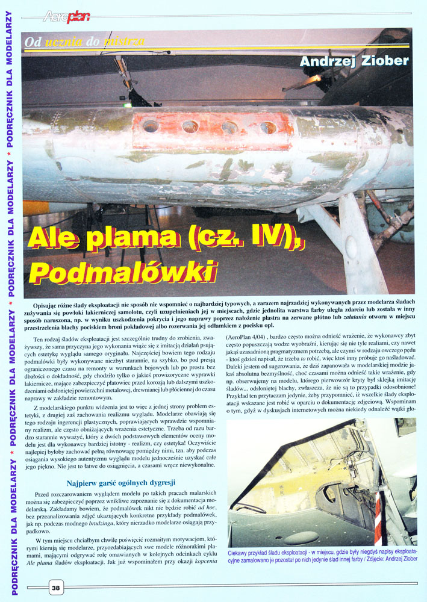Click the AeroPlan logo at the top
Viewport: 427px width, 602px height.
[67, 16]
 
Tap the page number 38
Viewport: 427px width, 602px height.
[55, 588]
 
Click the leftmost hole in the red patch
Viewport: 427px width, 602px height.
[151, 126]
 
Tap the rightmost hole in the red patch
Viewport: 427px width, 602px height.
[268, 128]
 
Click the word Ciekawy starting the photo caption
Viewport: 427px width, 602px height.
[241, 553]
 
